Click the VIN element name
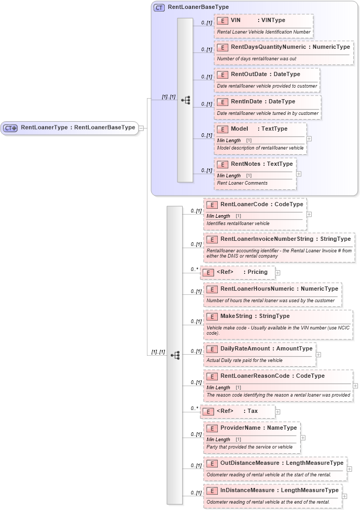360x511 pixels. coord(236,20)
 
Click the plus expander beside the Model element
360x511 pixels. coord(309,139)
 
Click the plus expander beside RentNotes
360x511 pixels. coord(299,173)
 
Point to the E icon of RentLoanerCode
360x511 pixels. coord(212,205)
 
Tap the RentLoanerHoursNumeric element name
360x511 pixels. coord(253,289)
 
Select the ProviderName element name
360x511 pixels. coord(242,428)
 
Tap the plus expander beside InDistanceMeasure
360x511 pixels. coord(344,496)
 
